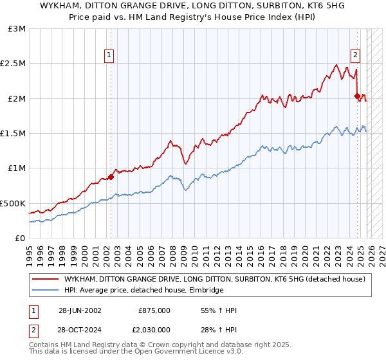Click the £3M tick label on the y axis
click(17, 29)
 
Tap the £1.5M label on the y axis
click(14, 134)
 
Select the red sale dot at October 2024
click(357, 96)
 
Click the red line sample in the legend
click(46, 279)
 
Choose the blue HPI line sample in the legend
click(46, 291)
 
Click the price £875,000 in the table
click(154, 310)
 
